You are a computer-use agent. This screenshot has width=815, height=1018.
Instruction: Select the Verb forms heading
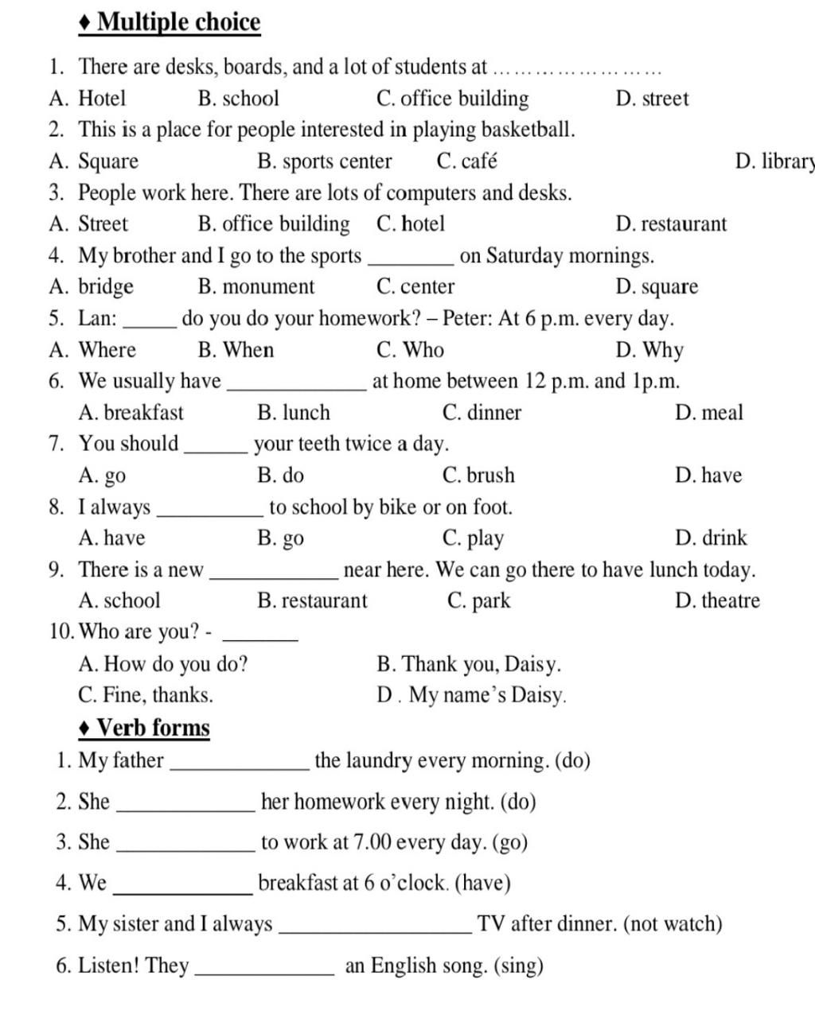153,728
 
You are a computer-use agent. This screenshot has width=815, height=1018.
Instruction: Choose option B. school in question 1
239,99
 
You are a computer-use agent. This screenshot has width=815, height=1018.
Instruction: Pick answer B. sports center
325,161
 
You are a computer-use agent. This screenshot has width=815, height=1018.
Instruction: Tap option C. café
467,161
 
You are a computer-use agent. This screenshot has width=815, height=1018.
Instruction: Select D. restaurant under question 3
671,224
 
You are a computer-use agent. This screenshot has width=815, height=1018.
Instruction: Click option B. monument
256,287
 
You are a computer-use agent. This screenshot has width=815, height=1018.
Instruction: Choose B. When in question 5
236,350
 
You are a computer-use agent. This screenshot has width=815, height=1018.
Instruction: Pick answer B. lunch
294,413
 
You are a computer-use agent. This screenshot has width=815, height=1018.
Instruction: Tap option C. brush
478,476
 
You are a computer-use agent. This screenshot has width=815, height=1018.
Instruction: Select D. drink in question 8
711,538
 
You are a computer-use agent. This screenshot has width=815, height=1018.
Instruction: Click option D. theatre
717,600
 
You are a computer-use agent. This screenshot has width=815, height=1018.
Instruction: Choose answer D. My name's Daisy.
472,696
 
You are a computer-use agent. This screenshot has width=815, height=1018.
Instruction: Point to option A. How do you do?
163,664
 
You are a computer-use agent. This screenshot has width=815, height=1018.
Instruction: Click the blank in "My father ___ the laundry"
240,765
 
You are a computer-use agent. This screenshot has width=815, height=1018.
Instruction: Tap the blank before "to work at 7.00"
185,847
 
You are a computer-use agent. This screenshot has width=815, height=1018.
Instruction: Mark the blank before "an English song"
264,971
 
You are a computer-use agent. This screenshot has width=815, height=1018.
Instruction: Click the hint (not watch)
673,924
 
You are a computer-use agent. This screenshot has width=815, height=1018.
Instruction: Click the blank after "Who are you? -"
262,636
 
